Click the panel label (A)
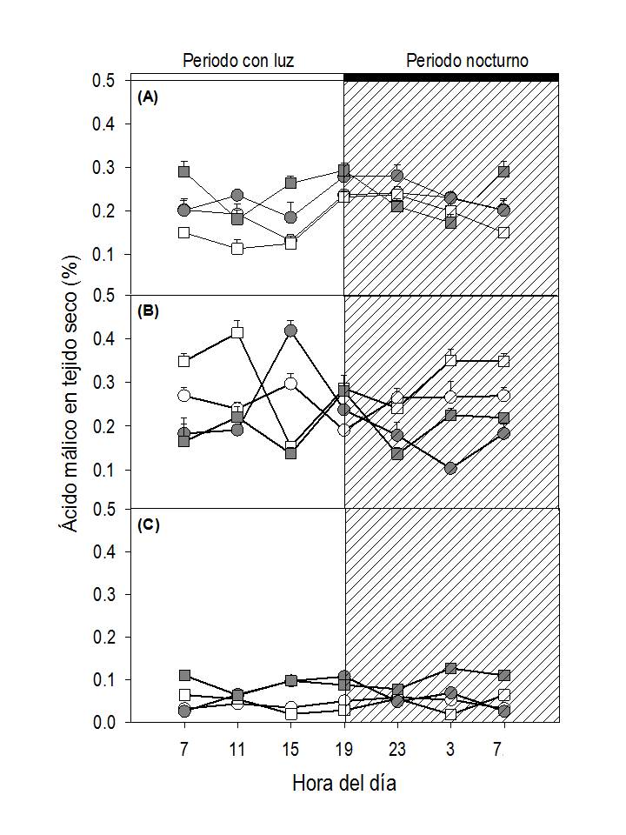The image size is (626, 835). (x=148, y=97)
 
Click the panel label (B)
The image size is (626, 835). (x=148, y=311)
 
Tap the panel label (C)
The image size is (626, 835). (x=148, y=524)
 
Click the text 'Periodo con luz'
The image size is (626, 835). (x=237, y=61)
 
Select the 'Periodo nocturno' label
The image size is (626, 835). (x=467, y=61)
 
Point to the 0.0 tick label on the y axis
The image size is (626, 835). (x=103, y=723)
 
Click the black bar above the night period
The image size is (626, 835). (x=451, y=77)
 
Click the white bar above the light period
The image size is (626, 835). (x=237, y=77)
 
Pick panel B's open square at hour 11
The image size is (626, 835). (x=237, y=332)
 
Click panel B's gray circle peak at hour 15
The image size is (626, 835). (x=291, y=331)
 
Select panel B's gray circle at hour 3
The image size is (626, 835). (x=450, y=468)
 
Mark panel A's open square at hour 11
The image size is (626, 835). (x=237, y=248)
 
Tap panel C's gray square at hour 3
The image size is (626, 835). (x=450, y=668)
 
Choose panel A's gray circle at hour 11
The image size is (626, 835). (x=237, y=196)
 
